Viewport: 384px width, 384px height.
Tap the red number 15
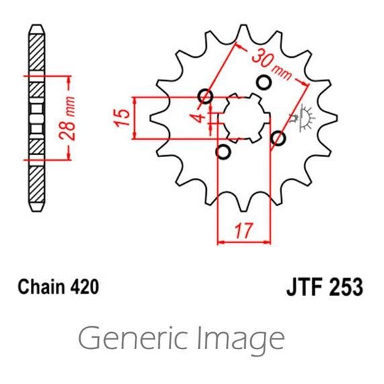click(x=122, y=118)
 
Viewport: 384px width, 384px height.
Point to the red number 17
click(x=243, y=231)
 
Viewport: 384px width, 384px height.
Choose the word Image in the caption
click(x=240, y=339)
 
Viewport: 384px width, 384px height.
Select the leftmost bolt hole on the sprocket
click(x=206, y=97)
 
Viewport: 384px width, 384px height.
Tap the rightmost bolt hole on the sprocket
click(x=279, y=138)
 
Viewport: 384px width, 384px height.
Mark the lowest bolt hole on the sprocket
click(x=224, y=151)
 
